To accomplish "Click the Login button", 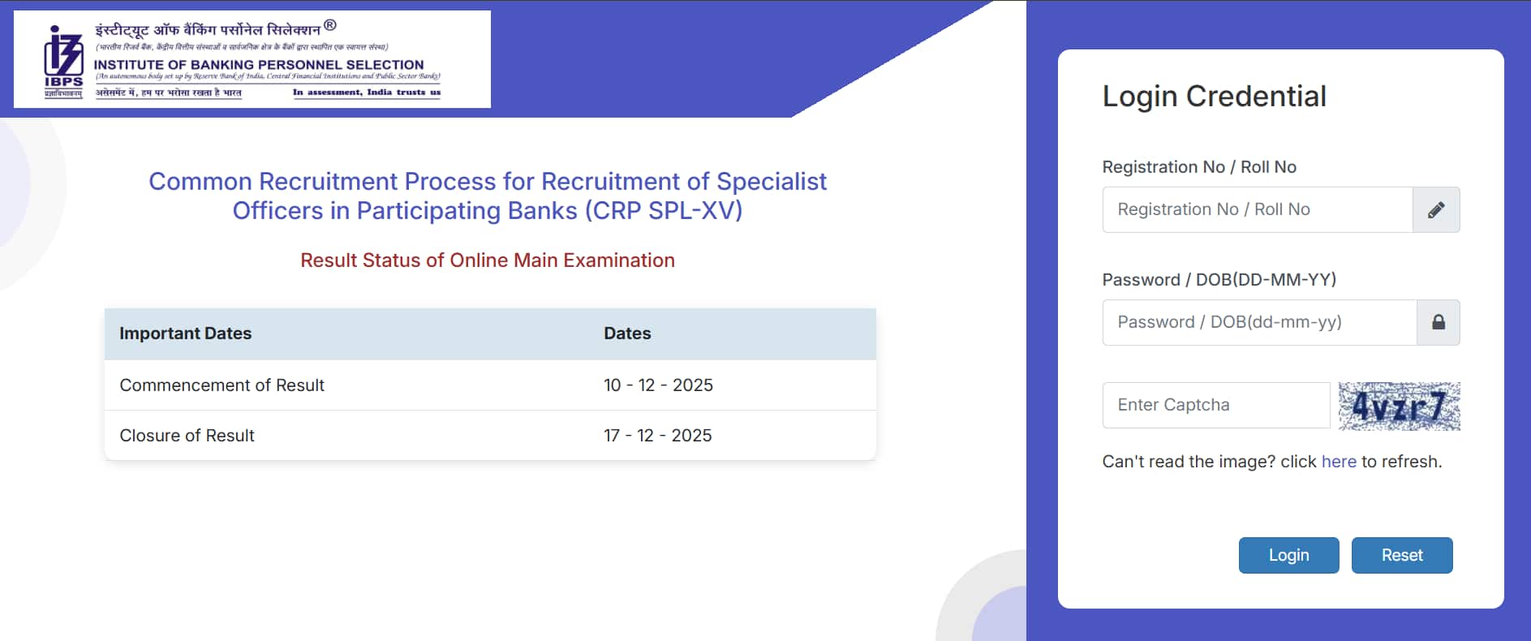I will [x=1288, y=555].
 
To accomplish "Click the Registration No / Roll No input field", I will [x=1257, y=209].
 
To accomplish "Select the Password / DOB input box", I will [x=1258, y=322].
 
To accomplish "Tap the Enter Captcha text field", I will [x=1215, y=405].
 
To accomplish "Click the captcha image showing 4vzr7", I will [x=1399, y=406].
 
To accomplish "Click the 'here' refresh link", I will [x=1338, y=462].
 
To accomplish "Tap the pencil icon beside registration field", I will [x=1435, y=210].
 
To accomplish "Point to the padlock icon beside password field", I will [x=1438, y=322].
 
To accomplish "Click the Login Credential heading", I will [x=1214, y=97].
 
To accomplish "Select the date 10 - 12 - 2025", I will [x=658, y=385].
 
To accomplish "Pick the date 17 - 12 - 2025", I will [x=657, y=436].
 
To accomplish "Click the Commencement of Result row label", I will [x=221, y=385].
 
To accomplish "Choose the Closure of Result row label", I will [x=187, y=436].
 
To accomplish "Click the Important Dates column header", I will [x=185, y=333].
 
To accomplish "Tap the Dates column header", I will [x=626, y=333].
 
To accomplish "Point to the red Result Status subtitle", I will [x=487, y=260].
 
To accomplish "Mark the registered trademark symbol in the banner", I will [x=329, y=25].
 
